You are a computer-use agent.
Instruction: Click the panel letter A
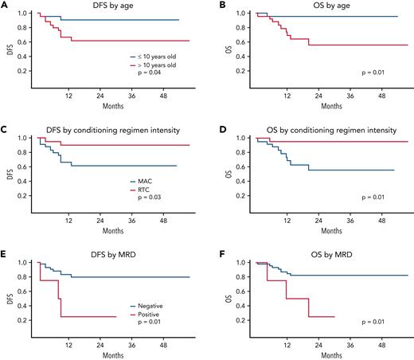point(5,6)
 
